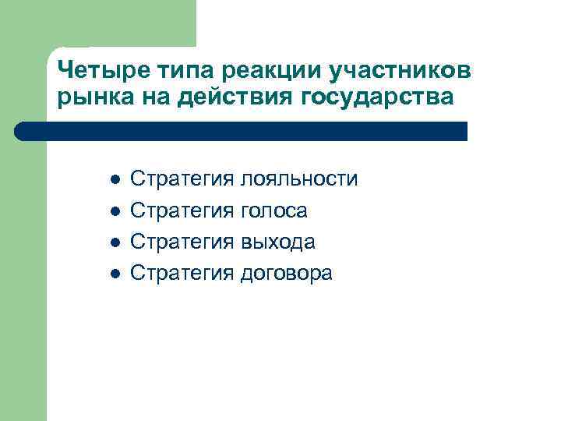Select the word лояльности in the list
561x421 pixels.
[299, 179]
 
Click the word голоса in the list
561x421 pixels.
[273, 210]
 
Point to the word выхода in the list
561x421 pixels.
[277, 242]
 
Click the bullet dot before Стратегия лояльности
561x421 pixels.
[114, 180]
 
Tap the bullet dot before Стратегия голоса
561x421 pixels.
[114, 211]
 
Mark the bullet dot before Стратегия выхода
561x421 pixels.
[114, 242]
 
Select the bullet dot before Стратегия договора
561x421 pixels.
[114, 274]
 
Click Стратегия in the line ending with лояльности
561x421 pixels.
[181, 179]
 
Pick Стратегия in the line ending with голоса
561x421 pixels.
[181, 210]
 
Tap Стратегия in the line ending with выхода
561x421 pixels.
[181, 242]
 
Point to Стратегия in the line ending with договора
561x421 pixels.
[181, 273]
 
